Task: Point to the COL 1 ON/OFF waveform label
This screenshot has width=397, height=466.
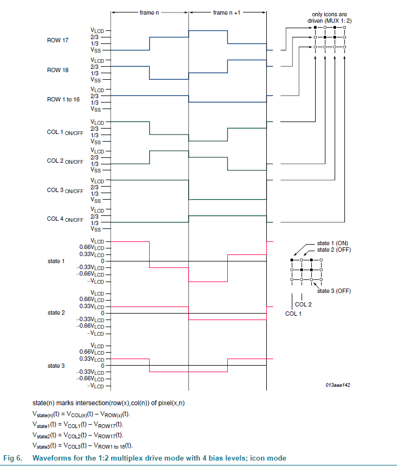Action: pyautogui.click(x=65, y=132)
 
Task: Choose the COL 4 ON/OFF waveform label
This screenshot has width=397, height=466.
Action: pyautogui.click(x=65, y=219)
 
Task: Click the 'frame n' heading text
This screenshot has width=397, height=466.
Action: pyautogui.click(x=149, y=12)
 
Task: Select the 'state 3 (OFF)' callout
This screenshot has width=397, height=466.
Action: pyautogui.click(x=334, y=291)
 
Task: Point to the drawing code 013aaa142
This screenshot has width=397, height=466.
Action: pyautogui.click(x=338, y=385)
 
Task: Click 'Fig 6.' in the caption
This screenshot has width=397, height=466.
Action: pyautogui.click(x=13, y=458)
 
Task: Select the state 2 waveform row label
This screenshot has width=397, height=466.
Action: pyautogui.click(x=56, y=313)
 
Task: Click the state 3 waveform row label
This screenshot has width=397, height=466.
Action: pyautogui.click(x=56, y=366)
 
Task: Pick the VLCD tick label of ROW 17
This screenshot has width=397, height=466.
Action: pyautogui.click(x=98, y=30)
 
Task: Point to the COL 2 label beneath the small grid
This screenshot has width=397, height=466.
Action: pyautogui.click(x=303, y=304)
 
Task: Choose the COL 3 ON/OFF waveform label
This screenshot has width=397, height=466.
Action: pyautogui.click(x=65, y=190)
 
